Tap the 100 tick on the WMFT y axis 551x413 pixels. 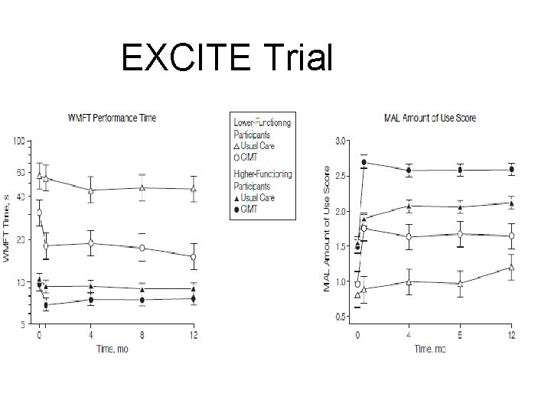(x=18, y=141)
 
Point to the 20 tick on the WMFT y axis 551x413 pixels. (x=20, y=240)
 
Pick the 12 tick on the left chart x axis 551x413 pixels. (x=193, y=335)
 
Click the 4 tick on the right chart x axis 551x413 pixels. (x=409, y=335)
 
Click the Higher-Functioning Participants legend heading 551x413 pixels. (x=262, y=180)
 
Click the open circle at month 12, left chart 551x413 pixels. (x=193, y=257)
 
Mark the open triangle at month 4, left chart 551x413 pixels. (x=91, y=190)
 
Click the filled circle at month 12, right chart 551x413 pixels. (x=511, y=170)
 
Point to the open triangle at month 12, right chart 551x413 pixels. (x=511, y=267)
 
